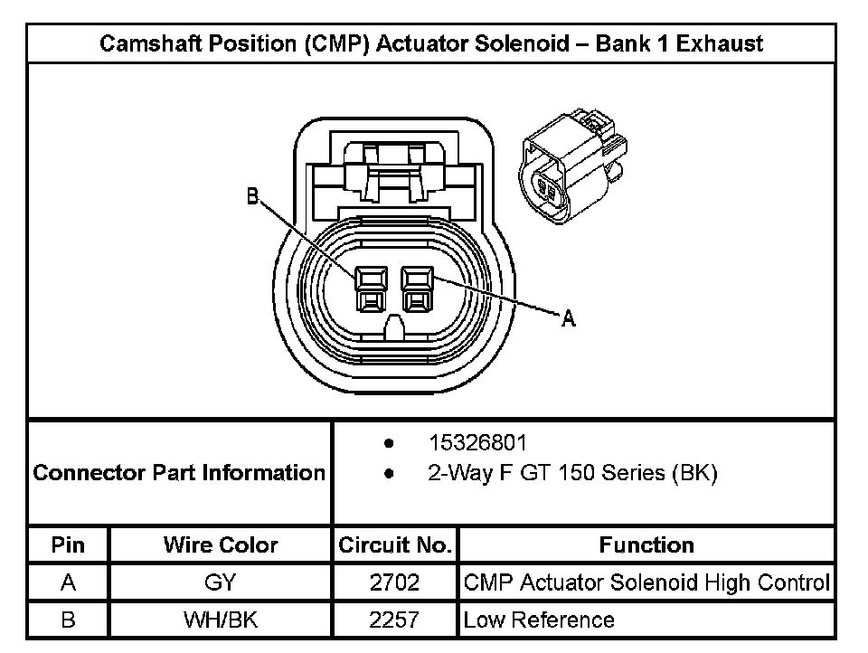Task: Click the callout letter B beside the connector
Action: [253, 195]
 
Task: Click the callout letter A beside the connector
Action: [569, 318]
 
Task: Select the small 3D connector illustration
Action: [571, 166]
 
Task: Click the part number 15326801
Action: [476, 443]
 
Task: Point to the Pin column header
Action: [69, 545]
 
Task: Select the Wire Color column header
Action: [221, 545]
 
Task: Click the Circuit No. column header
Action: [394, 545]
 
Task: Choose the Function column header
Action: [646, 545]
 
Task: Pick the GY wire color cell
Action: [221, 583]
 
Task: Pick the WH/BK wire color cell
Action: [221, 620]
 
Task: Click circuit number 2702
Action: [394, 583]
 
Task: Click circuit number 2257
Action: [394, 620]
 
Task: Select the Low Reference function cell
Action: [539, 620]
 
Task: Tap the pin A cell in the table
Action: [69, 583]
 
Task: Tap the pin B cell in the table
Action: [69, 620]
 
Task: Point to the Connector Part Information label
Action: [179, 473]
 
